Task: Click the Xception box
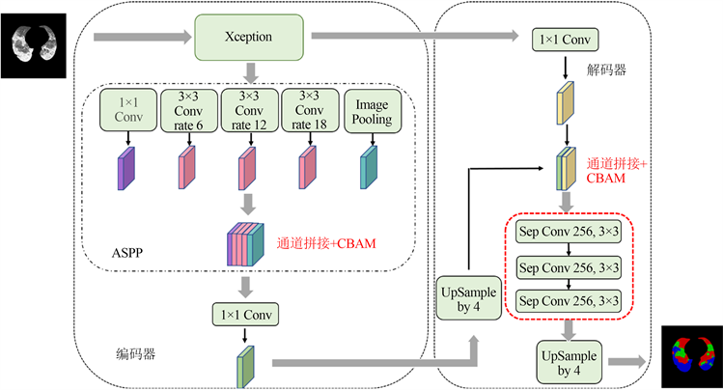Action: coord(248,37)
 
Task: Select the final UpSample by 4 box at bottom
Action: coord(568,362)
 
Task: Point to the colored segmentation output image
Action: coord(692,353)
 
